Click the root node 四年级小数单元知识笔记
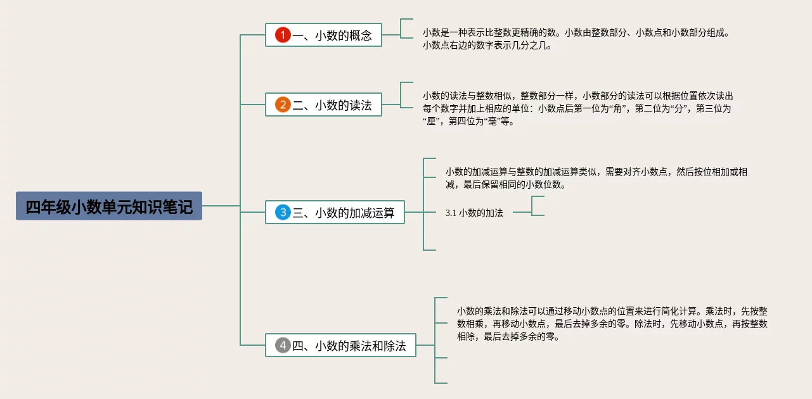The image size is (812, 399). coord(109,206)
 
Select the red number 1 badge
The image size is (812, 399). coord(283,35)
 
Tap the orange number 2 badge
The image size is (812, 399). coord(283,105)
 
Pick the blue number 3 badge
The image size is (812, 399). coord(283,213)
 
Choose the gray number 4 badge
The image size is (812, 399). coord(283,346)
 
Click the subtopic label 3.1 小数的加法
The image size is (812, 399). coord(474,213)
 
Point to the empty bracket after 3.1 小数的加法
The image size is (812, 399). coord(538,206)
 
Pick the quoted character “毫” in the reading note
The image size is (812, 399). coord(491,122)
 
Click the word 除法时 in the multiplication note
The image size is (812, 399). coord(647,324)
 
